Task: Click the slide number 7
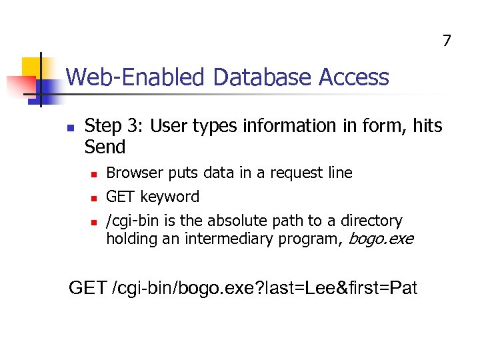(447, 41)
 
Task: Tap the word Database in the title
(263, 78)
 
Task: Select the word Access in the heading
(353, 78)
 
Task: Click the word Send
(105, 147)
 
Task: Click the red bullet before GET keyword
(94, 198)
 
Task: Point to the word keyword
(171, 197)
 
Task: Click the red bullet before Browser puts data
(94, 174)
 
